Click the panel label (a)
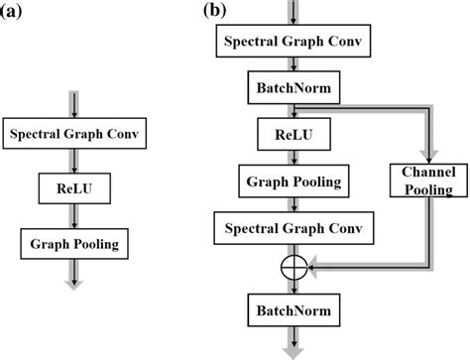tap(16, 12)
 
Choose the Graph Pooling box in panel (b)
tap(295, 181)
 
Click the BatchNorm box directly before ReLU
tap(295, 88)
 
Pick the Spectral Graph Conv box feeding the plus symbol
tap(295, 229)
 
